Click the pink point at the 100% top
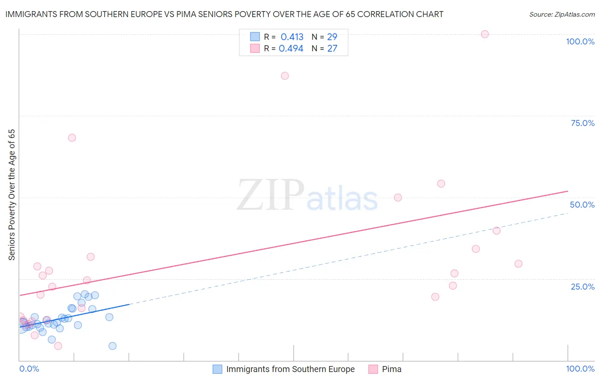point(484,34)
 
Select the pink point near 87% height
point(285,76)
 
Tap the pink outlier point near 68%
point(72,138)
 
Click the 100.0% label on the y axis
point(580,41)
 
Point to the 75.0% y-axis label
point(583,123)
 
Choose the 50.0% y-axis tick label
point(582,205)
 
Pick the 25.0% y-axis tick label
point(583,287)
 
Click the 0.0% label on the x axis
point(29,369)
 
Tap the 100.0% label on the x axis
point(580,369)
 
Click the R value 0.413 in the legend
point(292,37)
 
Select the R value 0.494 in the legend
point(291,48)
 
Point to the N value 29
point(332,37)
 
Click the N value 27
point(332,48)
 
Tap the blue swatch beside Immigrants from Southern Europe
point(217,369)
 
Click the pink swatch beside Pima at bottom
point(373,369)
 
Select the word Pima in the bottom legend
point(391,369)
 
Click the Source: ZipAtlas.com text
point(562,14)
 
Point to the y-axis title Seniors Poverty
point(12,194)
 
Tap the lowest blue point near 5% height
point(112,346)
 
